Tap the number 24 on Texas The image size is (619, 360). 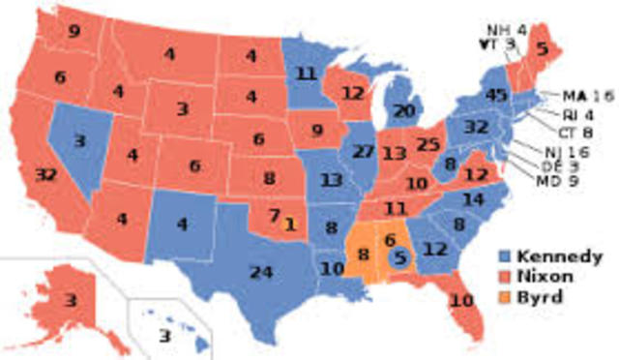258,271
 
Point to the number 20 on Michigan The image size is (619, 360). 403,111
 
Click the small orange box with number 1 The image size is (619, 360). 290,224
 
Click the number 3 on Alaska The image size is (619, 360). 72,302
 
